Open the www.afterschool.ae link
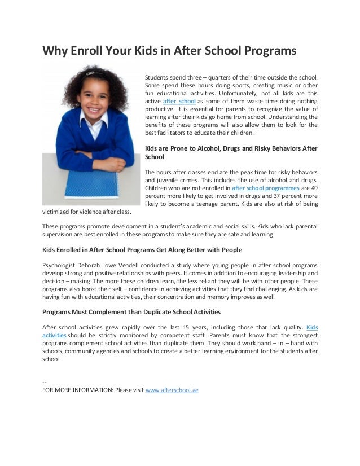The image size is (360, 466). (172, 389)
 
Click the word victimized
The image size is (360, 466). (59, 212)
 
